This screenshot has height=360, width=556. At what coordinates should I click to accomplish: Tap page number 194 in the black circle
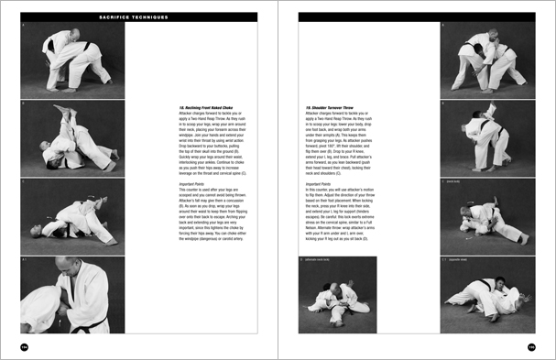[26, 346]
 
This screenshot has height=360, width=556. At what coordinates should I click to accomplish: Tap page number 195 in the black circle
[530, 346]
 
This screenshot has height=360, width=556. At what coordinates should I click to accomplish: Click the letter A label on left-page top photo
[24, 27]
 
